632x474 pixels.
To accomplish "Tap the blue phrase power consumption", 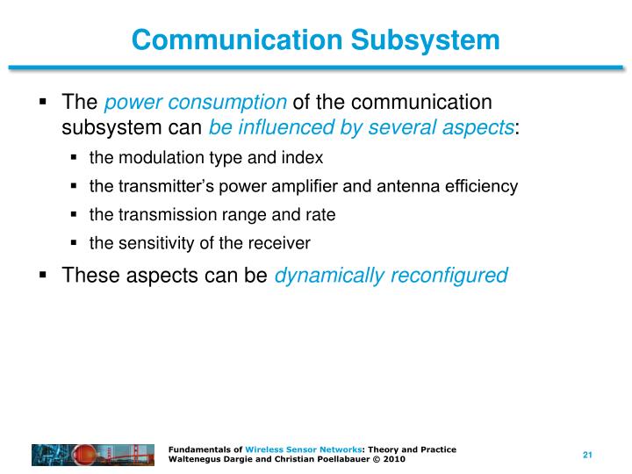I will click(195, 103).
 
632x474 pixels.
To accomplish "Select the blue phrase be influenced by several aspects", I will click(361, 127).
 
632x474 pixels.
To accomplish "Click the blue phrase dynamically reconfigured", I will click(391, 276).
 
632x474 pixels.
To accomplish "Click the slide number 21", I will click(588, 455).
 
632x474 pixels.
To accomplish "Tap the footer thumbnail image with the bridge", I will click(96, 455).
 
